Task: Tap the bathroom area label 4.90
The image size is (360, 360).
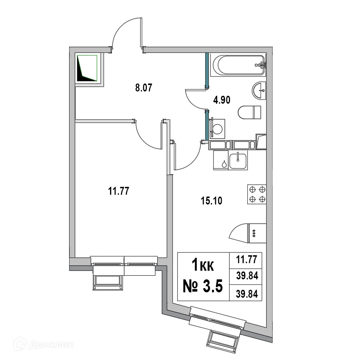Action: (221, 100)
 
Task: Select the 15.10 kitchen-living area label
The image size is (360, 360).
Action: (211, 200)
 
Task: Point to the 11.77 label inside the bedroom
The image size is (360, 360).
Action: (118, 191)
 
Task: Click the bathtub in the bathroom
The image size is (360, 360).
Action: (239, 65)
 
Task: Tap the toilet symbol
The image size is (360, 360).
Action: (250, 112)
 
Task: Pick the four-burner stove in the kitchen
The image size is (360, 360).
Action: (257, 194)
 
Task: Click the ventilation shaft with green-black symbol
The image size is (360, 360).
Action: (87, 68)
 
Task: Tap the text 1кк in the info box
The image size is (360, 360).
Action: (202, 267)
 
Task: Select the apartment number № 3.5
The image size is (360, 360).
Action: (203, 287)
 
